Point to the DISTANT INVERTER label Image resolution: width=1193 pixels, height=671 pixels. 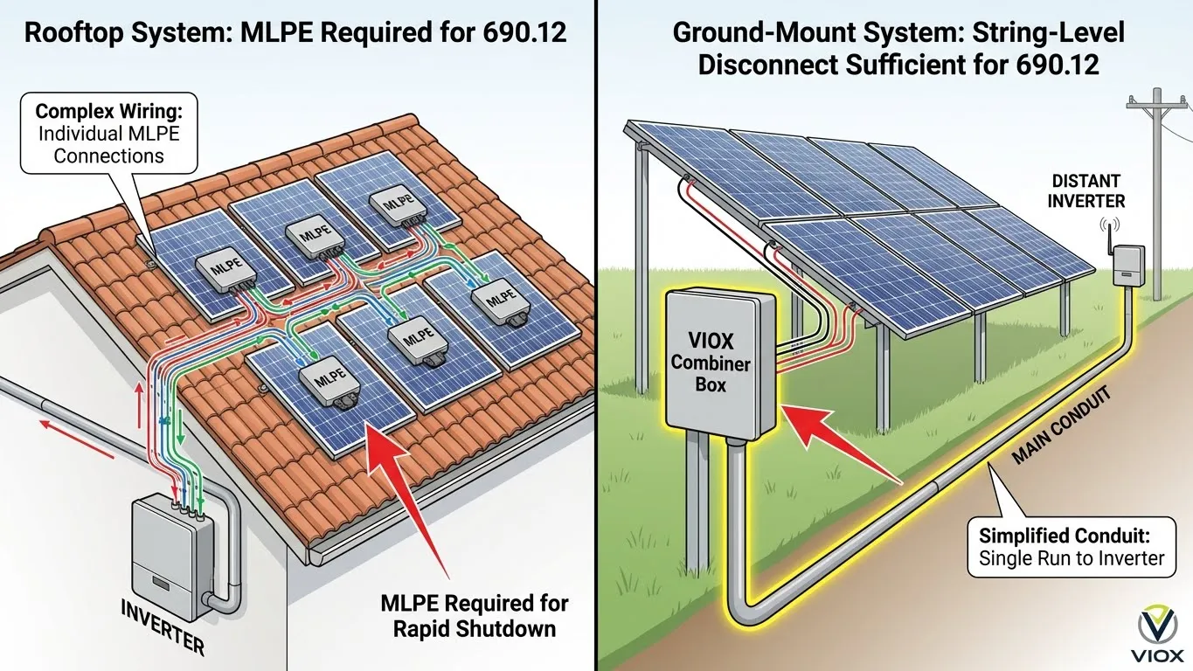click(1087, 190)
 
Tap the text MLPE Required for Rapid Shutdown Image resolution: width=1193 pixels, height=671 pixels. click(475, 615)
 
